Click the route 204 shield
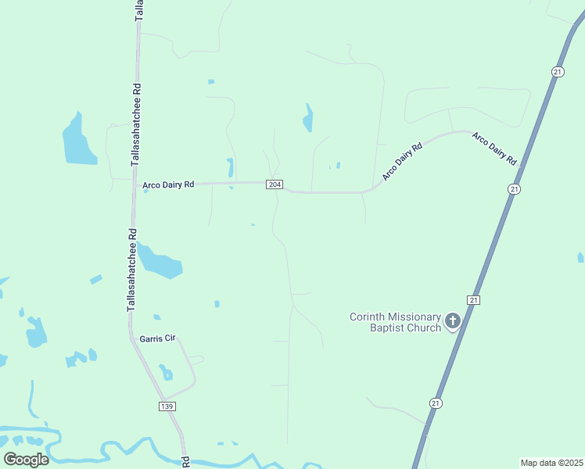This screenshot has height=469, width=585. click(x=274, y=184)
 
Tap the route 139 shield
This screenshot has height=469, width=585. click(x=167, y=406)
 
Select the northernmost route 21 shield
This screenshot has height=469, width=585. click(x=557, y=71)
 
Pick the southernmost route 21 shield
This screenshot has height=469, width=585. click(x=435, y=402)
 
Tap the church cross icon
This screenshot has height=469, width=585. click(x=453, y=320)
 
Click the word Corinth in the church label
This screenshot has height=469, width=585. click(x=368, y=317)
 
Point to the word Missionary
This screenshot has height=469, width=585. click(x=415, y=317)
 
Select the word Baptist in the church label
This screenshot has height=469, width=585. click(x=388, y=328)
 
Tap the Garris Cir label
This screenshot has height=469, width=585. click(x=157, y=338)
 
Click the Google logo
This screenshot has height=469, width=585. click(x=26, y=459)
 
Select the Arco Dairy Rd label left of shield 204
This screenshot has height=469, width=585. click(x=168, y=185)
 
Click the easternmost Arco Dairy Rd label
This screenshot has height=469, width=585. click(x=494, y=148)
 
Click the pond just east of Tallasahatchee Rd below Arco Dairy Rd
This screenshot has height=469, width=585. click(x=162, y=263)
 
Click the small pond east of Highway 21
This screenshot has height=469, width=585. click(x=580, y=257)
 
